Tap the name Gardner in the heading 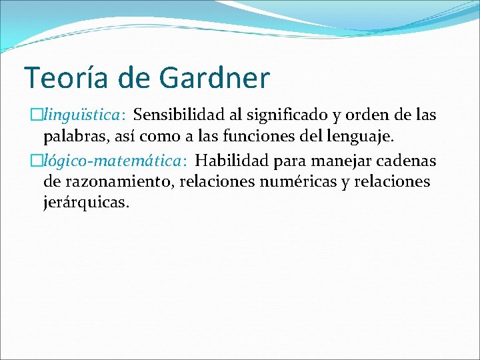tap(215, 78)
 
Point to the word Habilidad tap(225, 161)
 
